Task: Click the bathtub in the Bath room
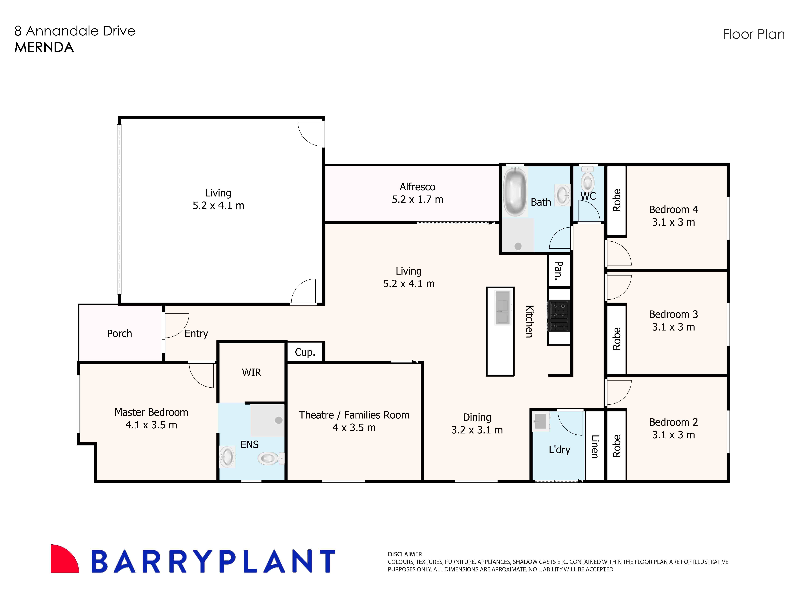pos(515,191)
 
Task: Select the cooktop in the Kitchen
pos(559,316)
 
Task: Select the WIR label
pos(251,372)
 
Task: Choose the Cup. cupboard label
pos(305,352)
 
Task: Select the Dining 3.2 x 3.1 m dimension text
pos(477,430)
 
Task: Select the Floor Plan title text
pos(754,34)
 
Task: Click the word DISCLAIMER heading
pos(405,554)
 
